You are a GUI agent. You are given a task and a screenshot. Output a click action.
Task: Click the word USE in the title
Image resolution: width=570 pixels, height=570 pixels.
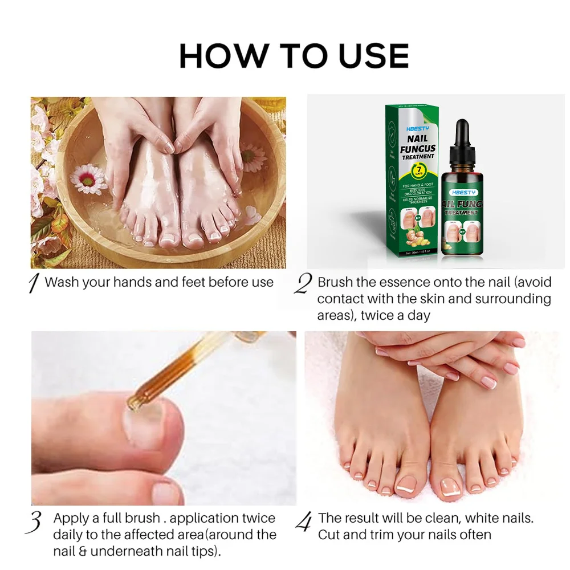[x=368, y=56]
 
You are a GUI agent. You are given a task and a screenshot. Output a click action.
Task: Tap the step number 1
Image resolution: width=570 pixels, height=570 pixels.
[x=34, y=283]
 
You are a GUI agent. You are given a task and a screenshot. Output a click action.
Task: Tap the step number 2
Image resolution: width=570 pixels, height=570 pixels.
[x=302, y=283]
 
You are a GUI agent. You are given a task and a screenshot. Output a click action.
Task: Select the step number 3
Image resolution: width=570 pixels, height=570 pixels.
[x=35, y=521]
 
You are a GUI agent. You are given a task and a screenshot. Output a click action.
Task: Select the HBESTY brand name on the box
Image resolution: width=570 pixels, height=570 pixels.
[x=415, y=129]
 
